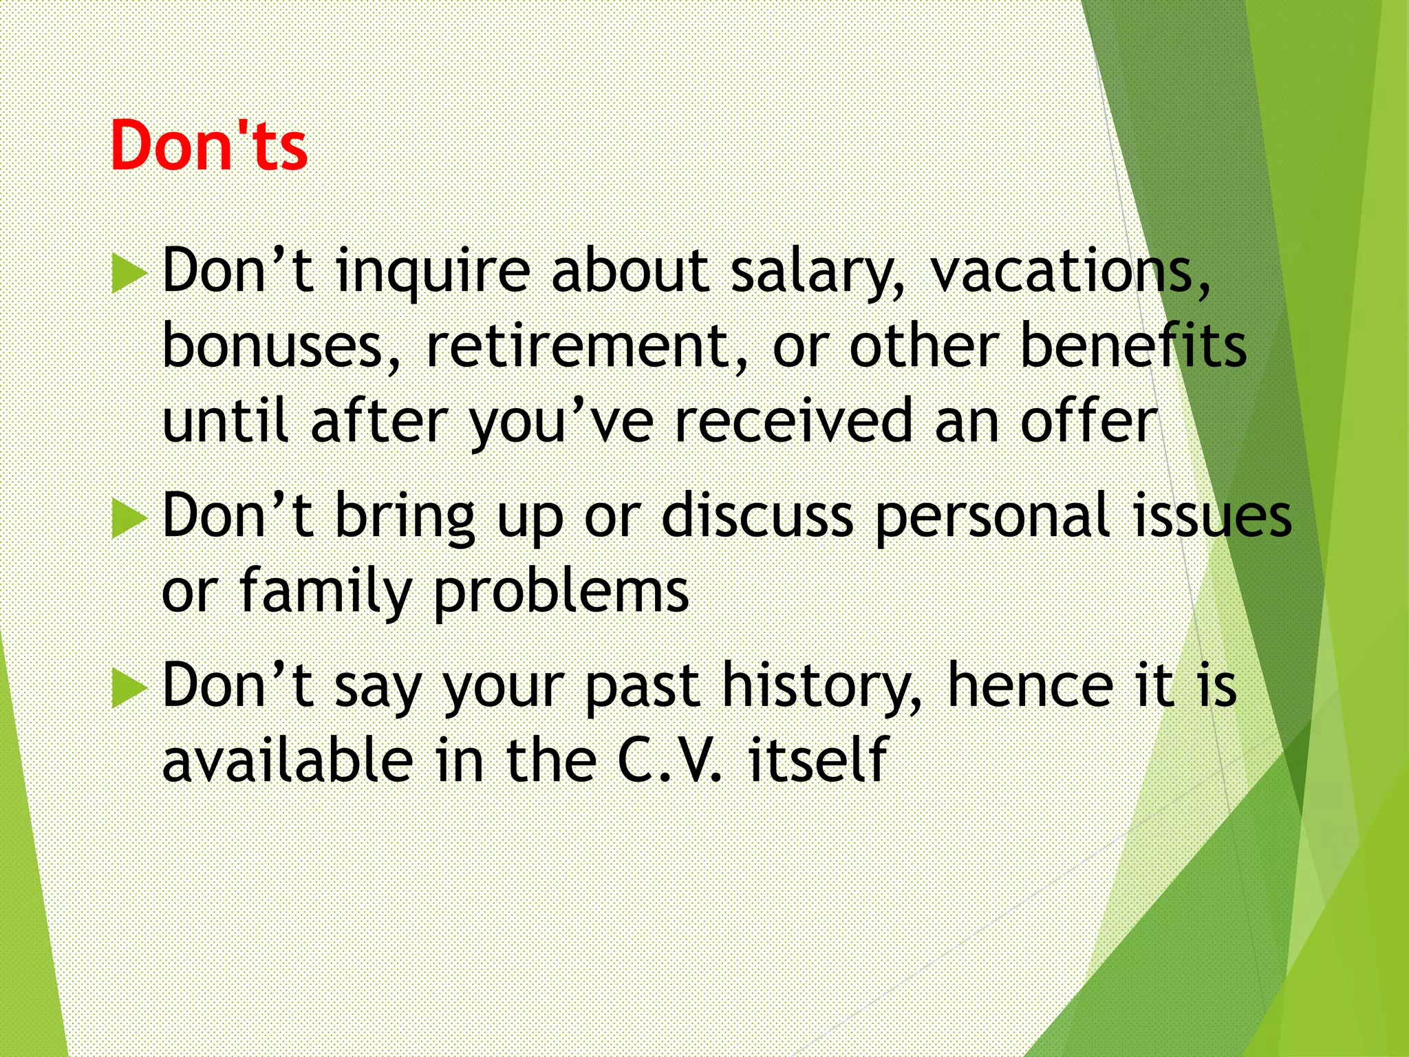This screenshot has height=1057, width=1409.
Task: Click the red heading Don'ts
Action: tap(208, 146)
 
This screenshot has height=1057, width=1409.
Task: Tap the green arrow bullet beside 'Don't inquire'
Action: tap(129, 273)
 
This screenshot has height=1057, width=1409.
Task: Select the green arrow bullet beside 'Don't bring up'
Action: tap(129, 518)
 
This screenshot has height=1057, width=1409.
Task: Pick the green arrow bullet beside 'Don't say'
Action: tap(129, 687)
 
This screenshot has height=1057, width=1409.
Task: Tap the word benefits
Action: tap(1133, 346)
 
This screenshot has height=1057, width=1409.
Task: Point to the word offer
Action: tap(1089, 421)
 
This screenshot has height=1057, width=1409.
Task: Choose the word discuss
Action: tap(757, 516)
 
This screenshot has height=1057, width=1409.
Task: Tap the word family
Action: tap(325, 592)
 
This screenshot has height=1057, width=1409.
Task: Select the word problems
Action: tap(561, 592)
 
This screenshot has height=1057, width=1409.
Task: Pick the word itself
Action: tap(818, 760)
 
